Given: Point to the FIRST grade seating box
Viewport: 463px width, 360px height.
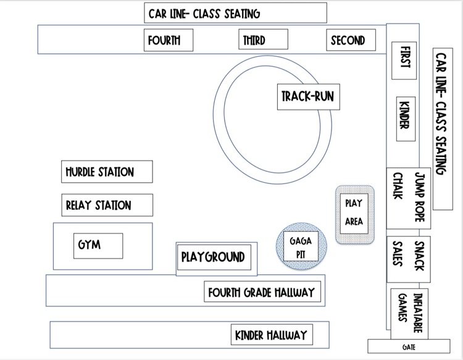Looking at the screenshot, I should (x=405, y=60).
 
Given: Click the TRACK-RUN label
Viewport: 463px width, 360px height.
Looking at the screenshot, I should (x=307, y=97).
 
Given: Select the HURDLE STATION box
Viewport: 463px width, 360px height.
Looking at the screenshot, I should (x=107, y=172).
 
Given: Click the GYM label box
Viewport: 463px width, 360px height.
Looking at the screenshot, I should (x=98, y=245).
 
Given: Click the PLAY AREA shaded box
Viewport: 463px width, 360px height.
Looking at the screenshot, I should (x=354, y=213).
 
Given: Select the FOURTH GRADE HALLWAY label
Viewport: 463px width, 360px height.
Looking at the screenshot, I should (x=262, y=292).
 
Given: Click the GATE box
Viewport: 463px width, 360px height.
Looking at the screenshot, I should (x=408, y=346).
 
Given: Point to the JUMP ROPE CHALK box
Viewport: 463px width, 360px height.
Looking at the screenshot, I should (x=409, y=197).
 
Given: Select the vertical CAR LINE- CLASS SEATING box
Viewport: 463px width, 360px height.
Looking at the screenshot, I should (x=443, y=128).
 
